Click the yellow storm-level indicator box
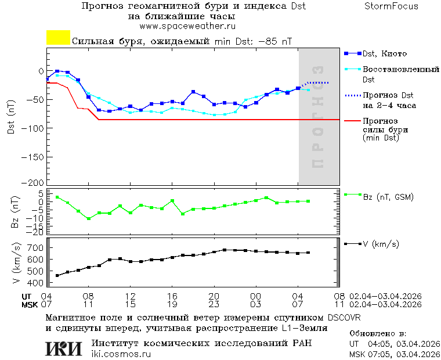(x=58, y=38)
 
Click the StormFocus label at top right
(x=391, y=6)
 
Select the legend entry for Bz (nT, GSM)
(x=388, y=197)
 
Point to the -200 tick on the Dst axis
(x=35, y=182)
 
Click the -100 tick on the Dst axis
(x=35, y=127)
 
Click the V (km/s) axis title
(x=16, y=264)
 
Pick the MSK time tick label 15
(x=130, y=304)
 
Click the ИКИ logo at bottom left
(x=64, y=348)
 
